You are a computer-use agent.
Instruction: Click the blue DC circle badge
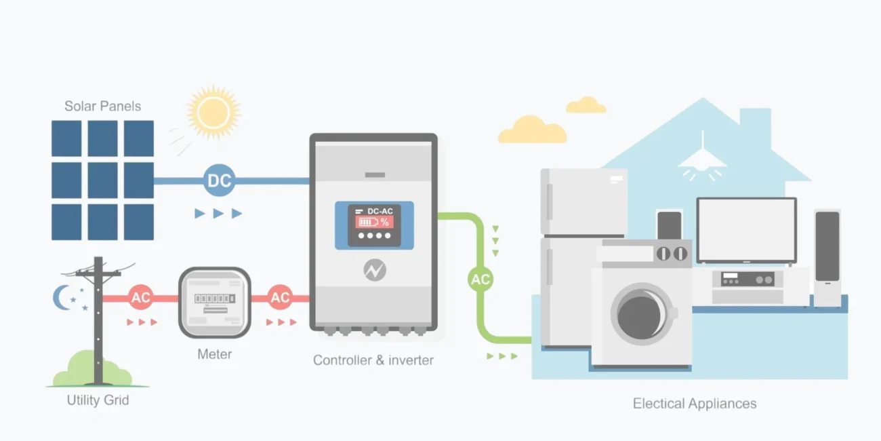(x=219, y=180)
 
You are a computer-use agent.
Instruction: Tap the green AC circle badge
(x=480, y=279)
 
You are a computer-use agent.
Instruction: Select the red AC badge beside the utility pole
(x=140, y=297)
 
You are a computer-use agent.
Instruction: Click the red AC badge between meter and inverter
(x=280, y=297)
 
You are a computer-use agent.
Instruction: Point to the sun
(x=213, y=113)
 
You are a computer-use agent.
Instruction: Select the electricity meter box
(x=215, y=303)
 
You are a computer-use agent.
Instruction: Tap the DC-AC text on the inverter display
(x=380, y=212)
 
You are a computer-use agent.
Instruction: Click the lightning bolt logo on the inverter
(x=374, y=270)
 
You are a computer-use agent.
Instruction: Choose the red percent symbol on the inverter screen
(x=384, y=223)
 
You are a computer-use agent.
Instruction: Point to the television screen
(x=747, y=231)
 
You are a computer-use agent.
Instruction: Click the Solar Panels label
(x=102, y=106)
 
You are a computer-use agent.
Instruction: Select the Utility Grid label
(x=98, y=400)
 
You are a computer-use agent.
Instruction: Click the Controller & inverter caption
(x=373, y=360)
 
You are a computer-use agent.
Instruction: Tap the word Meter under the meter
(x=214, y=354)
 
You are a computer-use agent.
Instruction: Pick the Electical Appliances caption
(x=695, y=404)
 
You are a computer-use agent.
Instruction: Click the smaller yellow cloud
(x=586, y=104)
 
